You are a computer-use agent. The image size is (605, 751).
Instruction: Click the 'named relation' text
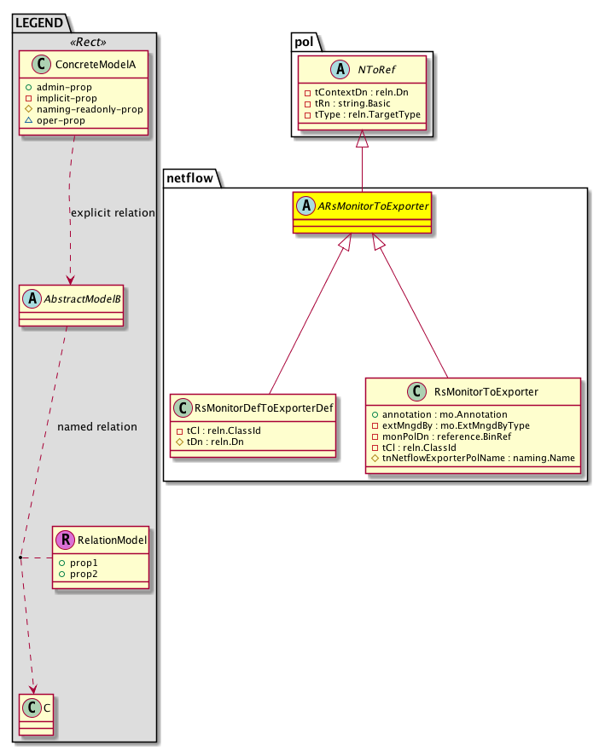point(96,426)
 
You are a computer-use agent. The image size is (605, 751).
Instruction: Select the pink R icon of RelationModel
point(66,539)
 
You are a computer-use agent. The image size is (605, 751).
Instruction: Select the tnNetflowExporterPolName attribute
point(480,458)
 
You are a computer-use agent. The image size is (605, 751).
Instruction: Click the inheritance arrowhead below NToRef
point(362,137)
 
